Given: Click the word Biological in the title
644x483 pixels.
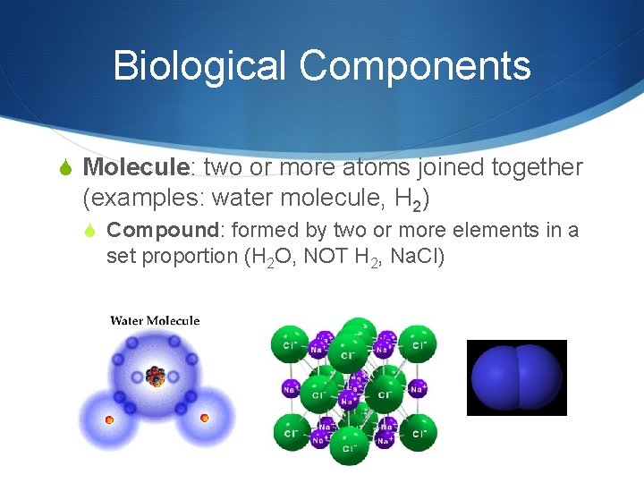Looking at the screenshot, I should [x=199, y=66].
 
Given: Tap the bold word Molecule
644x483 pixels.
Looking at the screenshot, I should [x=136, y=167].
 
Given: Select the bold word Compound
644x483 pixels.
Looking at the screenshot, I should [x=158, y=231].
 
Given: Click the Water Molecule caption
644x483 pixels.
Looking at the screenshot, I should [x=155, y=321].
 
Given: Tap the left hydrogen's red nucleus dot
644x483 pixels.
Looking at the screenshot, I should [x=109, y=419].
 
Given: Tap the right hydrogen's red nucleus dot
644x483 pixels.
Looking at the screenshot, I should [x=204, y=418].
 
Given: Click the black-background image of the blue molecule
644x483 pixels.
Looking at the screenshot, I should [x=517, y=377].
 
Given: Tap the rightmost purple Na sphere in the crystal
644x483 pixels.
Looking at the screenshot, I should [x=416, y=389].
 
